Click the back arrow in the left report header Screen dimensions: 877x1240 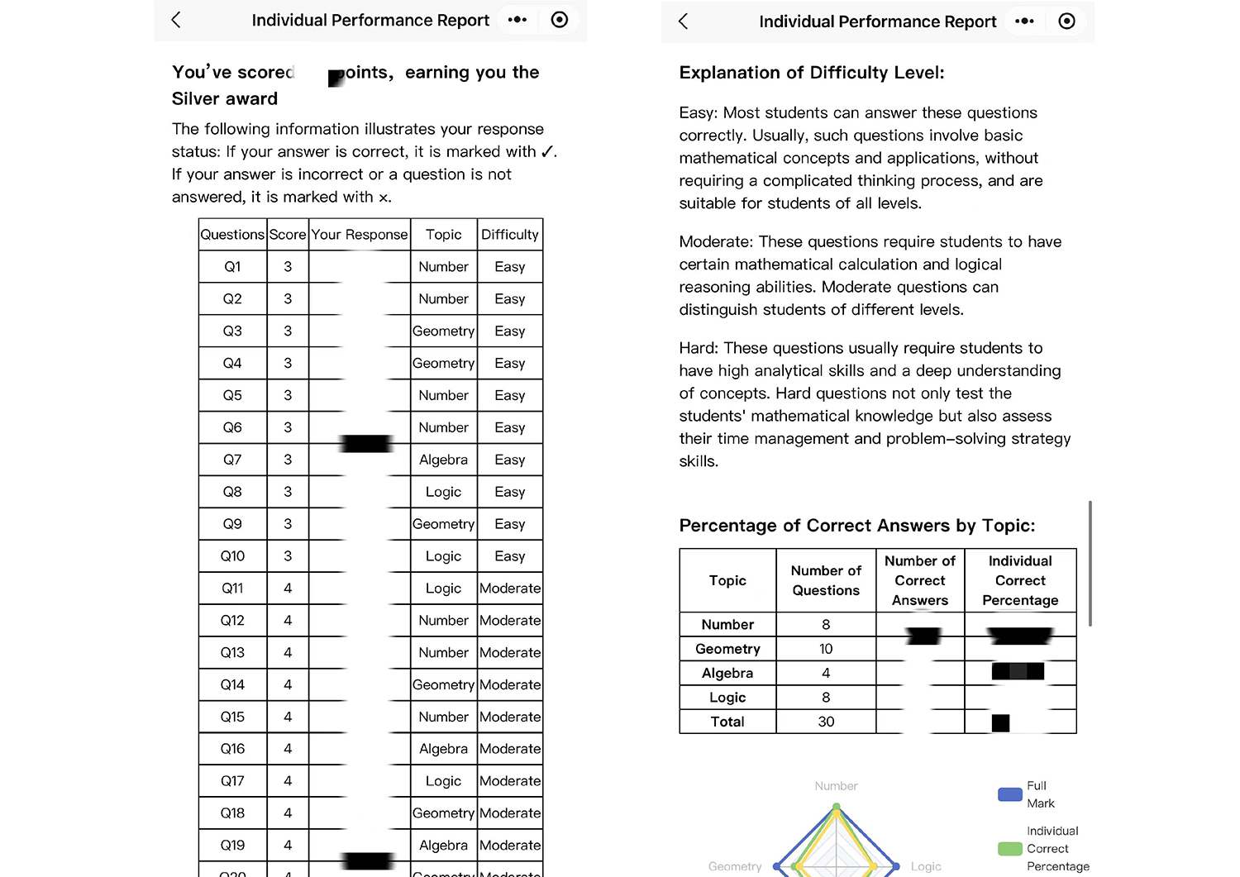pyautogui.click(x=176, y=20)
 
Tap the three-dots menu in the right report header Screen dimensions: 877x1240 pyautogui.click(x=1024, y=21)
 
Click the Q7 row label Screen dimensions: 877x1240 pyautogui.click(x=232, y=460)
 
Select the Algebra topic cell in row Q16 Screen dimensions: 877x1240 pyautogui.click(x=443, y=749)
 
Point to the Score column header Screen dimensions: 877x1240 pyautogui.click(x=288, y=235)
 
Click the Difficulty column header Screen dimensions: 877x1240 pyautogui.click(x=509, y=235)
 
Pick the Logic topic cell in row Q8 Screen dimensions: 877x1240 pyautogui.click(x=443, y=492)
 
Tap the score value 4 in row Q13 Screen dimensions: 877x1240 pyautogui.click(x=288, y=652)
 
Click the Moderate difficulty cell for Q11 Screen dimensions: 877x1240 pyautogui.click(x=510, y=589)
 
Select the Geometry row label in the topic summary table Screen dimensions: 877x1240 pyautogui.click(x=727, y=649)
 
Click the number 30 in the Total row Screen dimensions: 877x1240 pyautogui.click(x=826, y=722)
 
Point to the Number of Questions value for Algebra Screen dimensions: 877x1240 pyautogui.click(x=826, y=673)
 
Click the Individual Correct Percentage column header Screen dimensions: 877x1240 pyautogui.click(x=1020, y=580)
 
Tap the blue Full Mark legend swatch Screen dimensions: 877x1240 pyautogui.click(x=1009, y=794)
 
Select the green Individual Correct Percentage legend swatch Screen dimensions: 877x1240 pyautogui.click(x=1009, y=849)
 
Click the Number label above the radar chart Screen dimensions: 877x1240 pyautogui.click(x=836, y=786)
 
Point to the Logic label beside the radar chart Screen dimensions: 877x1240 pyautogui.click(x=926, y=866)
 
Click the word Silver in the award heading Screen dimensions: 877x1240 pyautogui.click(x=198, y=99)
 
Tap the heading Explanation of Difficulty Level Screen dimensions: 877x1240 pyautogui.click(x=811, y=73)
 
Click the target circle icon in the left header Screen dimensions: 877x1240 pyautogui.click(x=560, y=20)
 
